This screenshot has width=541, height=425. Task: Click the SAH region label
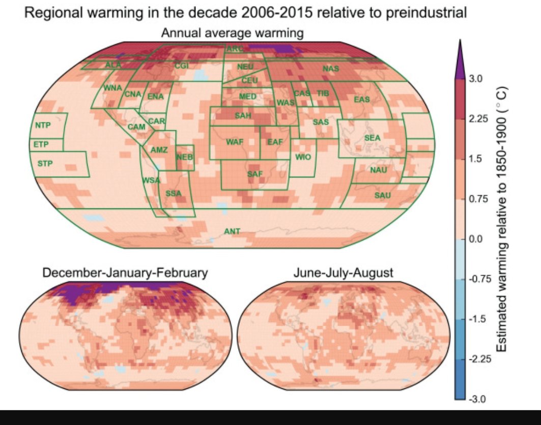pyautogui.click(x=243, y=116)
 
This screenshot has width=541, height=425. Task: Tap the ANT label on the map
pyautogui.click(x=232, y=231)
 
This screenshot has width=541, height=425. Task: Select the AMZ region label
pyautogui.click(x=159, y=150)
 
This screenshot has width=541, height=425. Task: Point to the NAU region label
pyautogui.click(x=379, y=170)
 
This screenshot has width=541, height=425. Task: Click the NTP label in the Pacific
pyautogui.click(x=43, y=125)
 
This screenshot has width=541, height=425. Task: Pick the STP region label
pyautogui.click(x=45, y=163)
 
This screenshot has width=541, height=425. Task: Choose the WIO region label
pyautogui.click(x=303, y=157)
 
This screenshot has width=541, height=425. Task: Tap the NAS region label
pyautogui.click(x=331, y=68)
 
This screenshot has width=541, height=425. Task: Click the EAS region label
pyautogui.click(x=362, y=99)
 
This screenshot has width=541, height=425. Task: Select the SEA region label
pyautogui.click(x=373, y=138)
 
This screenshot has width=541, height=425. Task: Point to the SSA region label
pyautogui.click(x=173, y=194)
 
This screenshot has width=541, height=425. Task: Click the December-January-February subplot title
pyautogui.click(x=125, y=273)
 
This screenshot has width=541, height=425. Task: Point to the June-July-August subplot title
pyautogui.click(x=343, y=273)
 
